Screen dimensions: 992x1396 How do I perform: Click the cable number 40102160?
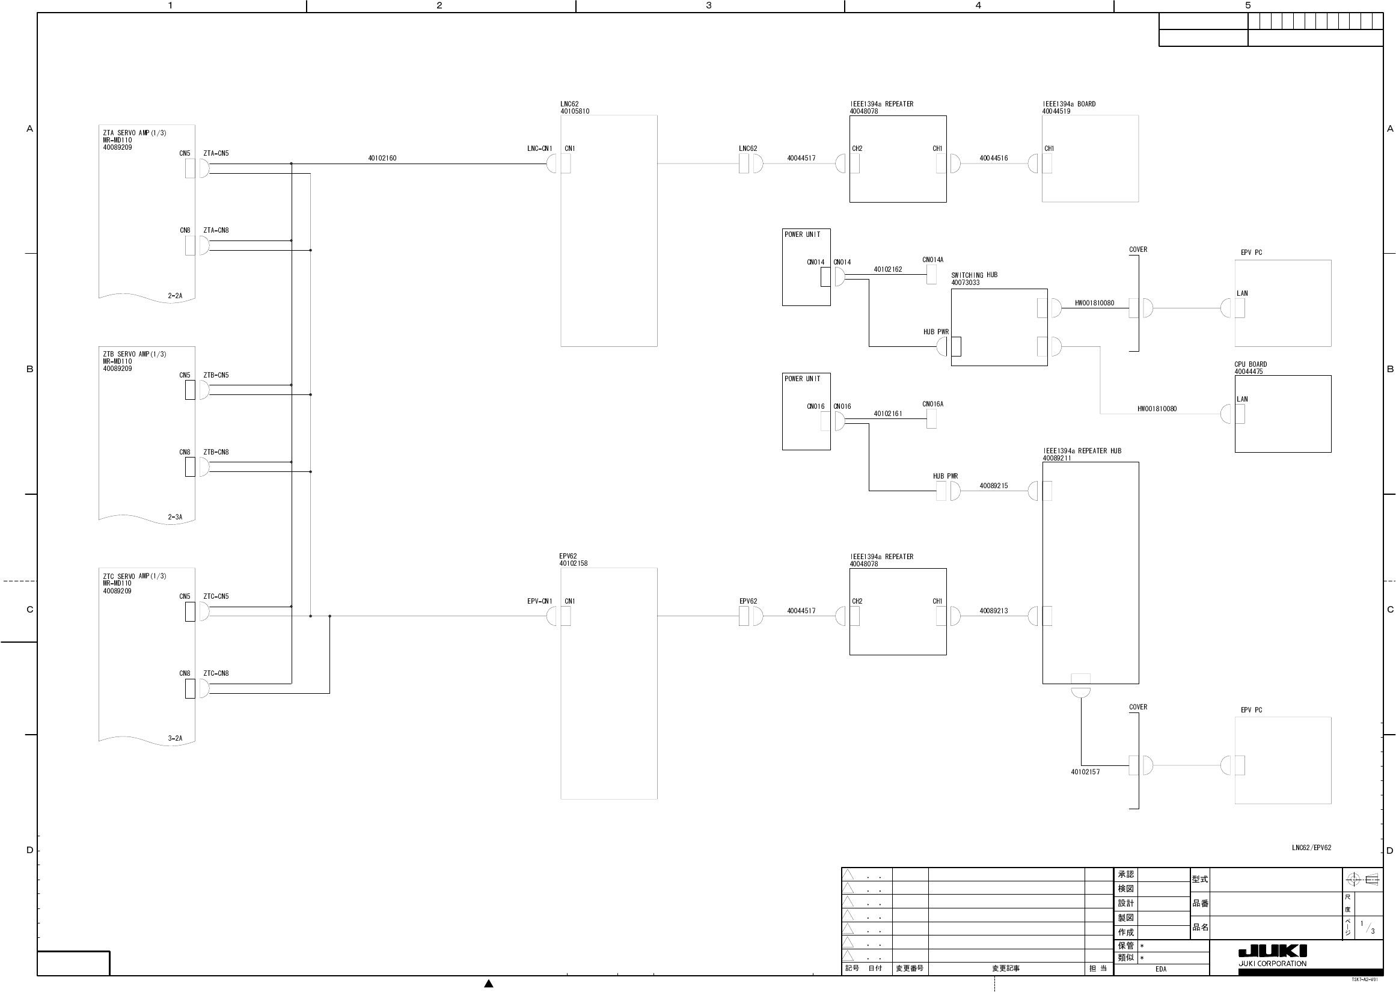[382, 158]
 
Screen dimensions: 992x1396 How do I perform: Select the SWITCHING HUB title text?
[974, 275]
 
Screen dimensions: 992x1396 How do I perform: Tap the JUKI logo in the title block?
[1272, 951]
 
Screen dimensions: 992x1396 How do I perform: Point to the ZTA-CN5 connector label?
[216, 153]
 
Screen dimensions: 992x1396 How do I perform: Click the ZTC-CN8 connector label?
[216, 673]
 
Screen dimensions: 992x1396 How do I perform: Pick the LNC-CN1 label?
[539, 148]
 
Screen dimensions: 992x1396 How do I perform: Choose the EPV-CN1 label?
[539, 601]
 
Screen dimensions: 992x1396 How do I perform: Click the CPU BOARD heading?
[1250, 364]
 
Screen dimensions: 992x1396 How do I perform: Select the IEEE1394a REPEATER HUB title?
[1082, 451]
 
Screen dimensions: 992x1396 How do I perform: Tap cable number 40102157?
[1085, 772]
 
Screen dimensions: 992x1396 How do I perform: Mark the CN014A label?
[932, 260]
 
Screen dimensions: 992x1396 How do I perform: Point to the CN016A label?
[932, 404]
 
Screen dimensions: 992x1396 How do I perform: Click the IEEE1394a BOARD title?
[1069, 104]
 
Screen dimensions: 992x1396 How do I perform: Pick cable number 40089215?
[994, 486]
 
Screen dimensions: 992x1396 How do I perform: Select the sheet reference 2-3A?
[175, 517]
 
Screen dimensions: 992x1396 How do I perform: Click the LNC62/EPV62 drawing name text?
[1311, 848]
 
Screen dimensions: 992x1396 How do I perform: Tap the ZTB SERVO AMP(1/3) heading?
[134, 354]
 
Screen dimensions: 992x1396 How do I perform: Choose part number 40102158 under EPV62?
[574, 563]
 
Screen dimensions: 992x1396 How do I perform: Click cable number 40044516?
[994, 158]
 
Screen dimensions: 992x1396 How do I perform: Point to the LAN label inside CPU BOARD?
[1242, 399]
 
